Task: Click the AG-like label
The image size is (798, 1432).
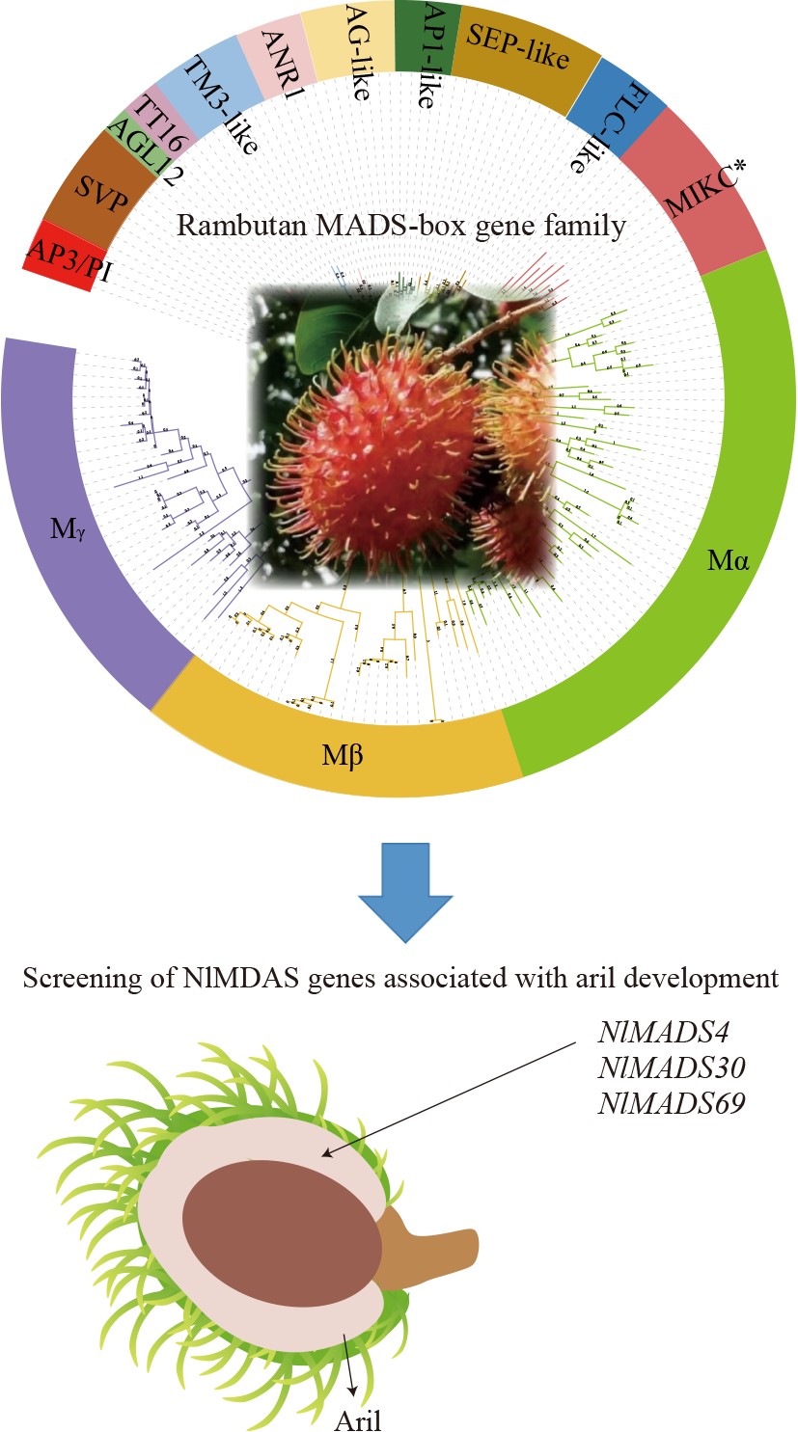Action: pyautogui.click(x=346, y=47)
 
